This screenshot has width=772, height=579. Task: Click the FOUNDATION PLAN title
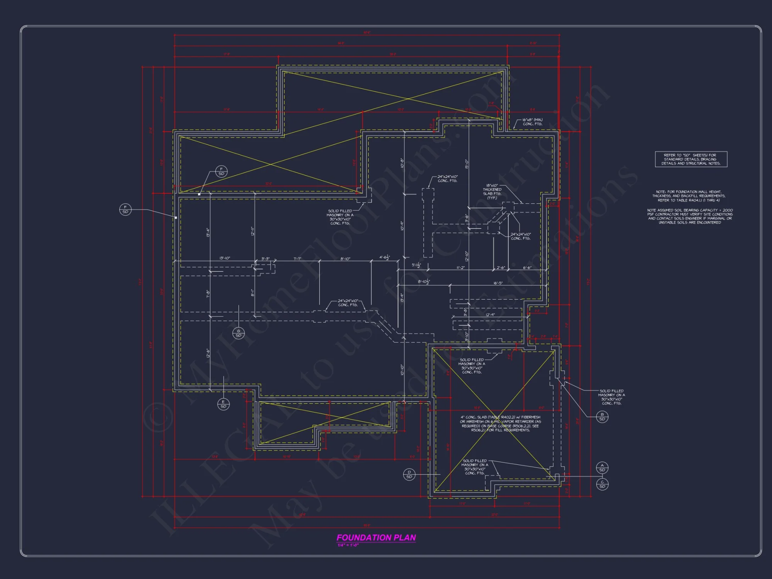click(376, 537)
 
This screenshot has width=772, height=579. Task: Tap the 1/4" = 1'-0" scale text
click(348, 545)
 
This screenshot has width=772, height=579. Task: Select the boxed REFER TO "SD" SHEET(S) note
click(691, 159)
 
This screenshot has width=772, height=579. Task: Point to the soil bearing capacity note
click(690, 216)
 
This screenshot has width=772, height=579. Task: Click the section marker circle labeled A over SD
click(602, 468)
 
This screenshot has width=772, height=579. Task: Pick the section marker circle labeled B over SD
click(602, 417)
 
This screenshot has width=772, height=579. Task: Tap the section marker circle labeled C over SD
click(602, 484)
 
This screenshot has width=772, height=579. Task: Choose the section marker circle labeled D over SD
click(409, 474)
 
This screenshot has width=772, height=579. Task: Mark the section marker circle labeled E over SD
click(223, 404)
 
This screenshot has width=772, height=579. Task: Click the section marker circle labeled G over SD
click(239, 333)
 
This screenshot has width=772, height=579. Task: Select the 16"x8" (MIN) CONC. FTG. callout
click(532, 122)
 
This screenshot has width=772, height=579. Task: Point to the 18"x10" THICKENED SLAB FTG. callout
click(492, 191)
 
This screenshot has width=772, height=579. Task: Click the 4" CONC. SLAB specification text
click(500, 423)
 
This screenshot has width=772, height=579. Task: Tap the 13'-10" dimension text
click(225, 258)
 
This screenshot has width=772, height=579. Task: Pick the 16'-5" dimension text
click(498, 283)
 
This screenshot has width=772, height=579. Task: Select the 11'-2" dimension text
click(460, 267)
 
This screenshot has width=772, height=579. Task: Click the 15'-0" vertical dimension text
click(467, 164)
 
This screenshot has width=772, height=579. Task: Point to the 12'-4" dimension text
click(490, 315)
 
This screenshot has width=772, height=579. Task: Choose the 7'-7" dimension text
click(297, 259)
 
